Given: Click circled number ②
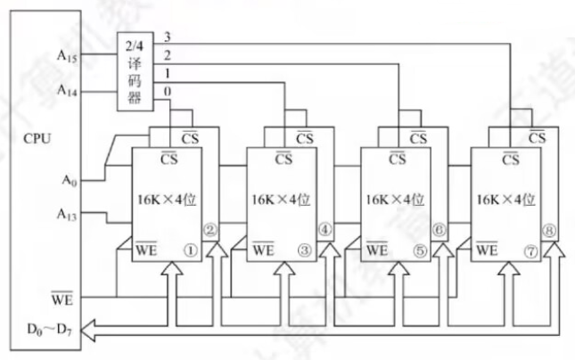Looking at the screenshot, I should point(211,231).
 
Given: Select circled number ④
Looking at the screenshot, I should point(324,231).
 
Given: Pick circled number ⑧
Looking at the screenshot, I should point(549,231).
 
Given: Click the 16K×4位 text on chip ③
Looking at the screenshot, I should point(283,200).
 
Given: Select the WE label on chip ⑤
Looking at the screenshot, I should point(377,250).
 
